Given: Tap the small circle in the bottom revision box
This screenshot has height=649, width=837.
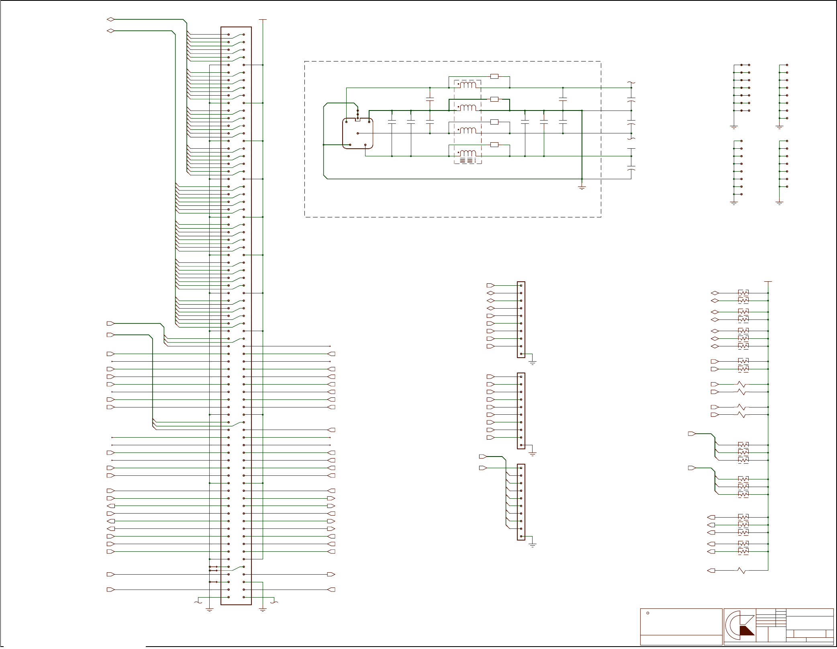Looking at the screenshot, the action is coord(648,613).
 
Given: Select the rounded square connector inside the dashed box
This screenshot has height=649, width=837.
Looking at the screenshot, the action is coord(357,133).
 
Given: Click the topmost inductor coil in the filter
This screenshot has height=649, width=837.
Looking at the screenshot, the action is coord(468,85).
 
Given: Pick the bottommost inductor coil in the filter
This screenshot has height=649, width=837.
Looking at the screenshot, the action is coord(468,153).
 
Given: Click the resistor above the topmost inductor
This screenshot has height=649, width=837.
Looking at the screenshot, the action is coord(494,76).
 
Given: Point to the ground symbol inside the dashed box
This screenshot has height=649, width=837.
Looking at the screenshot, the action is coord(582,187).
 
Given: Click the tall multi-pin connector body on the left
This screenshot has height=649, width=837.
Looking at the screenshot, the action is coord(236,315).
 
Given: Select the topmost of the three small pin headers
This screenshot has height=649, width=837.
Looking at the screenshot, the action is coord(521,319).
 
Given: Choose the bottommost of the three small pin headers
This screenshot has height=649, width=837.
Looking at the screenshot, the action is coord(521,502).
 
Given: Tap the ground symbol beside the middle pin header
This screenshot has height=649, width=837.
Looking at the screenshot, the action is coord(533,453).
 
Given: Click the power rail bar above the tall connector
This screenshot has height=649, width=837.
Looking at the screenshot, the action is coord(263,19).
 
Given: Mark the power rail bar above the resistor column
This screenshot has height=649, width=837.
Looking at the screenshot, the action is coord(768,282).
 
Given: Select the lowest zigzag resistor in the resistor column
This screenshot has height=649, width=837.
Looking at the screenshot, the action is coord(742,570).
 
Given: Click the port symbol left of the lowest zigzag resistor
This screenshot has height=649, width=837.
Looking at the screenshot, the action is coord(711,570).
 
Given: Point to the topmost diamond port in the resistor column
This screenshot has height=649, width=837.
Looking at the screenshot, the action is coord(715,293).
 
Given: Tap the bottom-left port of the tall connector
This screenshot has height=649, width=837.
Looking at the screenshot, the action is coord(110,590).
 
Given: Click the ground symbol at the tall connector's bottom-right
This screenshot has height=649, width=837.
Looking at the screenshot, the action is coord(263,610).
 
